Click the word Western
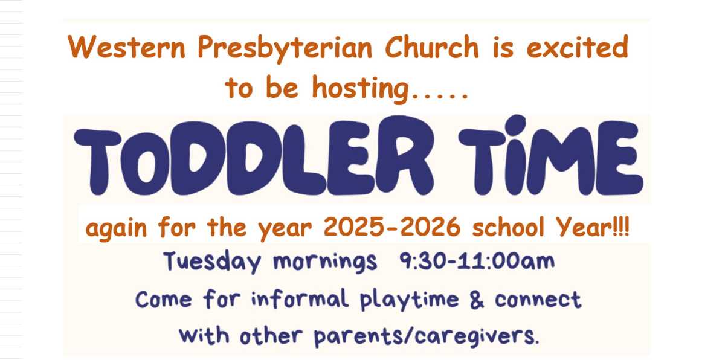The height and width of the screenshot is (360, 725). click(x=126, y=47)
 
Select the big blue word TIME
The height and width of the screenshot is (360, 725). click(x=550, y=156)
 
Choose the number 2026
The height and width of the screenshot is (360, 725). click(x=430, y=227)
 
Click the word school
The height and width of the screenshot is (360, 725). click(x=508, y=227)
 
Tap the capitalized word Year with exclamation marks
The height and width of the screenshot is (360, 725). click(x=592, y=227)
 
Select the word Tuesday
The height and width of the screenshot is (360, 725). click(x=212, y=262)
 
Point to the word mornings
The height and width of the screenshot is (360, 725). click(x=325, y=262)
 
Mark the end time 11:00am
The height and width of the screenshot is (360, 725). click(x=507, y=261)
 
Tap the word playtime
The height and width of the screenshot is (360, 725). click(x=410, y=300)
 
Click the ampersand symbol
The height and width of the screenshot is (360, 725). click(x=477, y=300)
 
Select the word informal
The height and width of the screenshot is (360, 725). click(x=300, y=298)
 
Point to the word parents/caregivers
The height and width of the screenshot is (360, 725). click(x=427, y=336)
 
